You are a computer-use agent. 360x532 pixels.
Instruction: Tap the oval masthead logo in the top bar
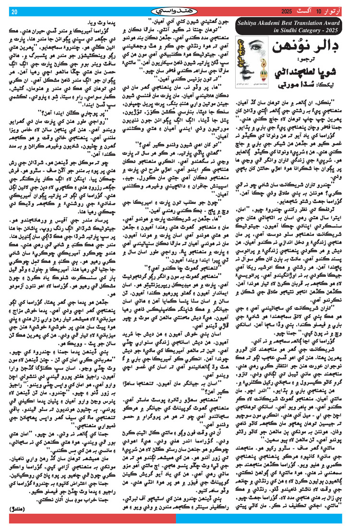tap(180, 11)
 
